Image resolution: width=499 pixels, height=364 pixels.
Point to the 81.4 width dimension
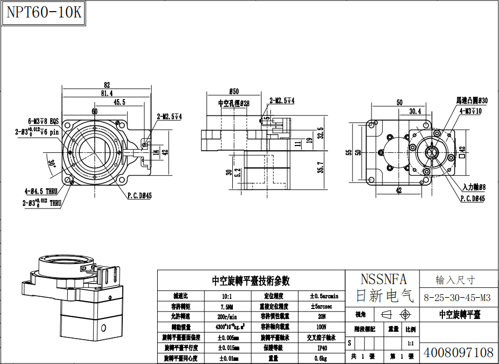point(106,94)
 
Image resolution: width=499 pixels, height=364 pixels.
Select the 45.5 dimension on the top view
point(119,102)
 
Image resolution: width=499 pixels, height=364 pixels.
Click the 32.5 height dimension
point(320,132)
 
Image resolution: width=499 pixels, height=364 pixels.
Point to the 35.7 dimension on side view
point(320,168)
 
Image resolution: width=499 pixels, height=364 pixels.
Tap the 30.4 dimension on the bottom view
point(415,111)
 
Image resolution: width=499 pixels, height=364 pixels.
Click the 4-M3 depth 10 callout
point(470,111)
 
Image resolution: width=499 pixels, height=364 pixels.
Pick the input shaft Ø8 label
point(474,187)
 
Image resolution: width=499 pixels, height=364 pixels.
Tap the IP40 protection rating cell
point(322,348)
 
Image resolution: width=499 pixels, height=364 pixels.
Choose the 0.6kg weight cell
point(322,358)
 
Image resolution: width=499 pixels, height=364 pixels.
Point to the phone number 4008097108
point(458,352)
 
